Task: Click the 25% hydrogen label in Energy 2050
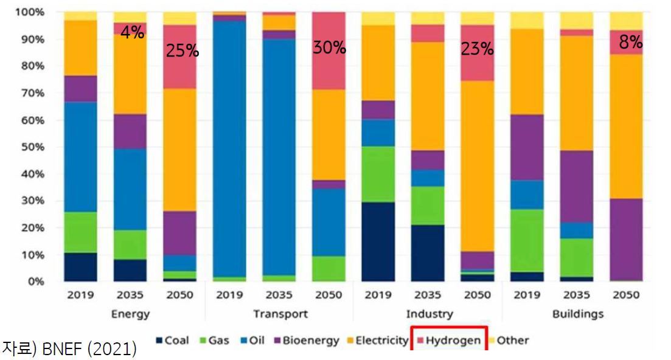coord(183,51)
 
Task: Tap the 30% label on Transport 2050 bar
coord(329,47)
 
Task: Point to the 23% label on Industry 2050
coord(477,49)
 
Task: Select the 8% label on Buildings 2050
coord(631,42)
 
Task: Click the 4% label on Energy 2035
coord(132,32)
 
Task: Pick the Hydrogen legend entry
coord(449,341)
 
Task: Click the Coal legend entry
coord(172,341)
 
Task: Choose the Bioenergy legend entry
coord(307,341)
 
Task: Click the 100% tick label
coord(30,12)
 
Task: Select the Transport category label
coord(280,314)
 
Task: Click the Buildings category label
coord(578,314)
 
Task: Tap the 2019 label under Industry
coord(378,294)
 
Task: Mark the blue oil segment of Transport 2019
coord(229,149)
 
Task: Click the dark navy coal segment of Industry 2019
coord(378,241)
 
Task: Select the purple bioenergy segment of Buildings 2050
coord(627,240)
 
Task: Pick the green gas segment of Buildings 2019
coord(527,241)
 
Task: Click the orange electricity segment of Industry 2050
coord(478,166)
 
